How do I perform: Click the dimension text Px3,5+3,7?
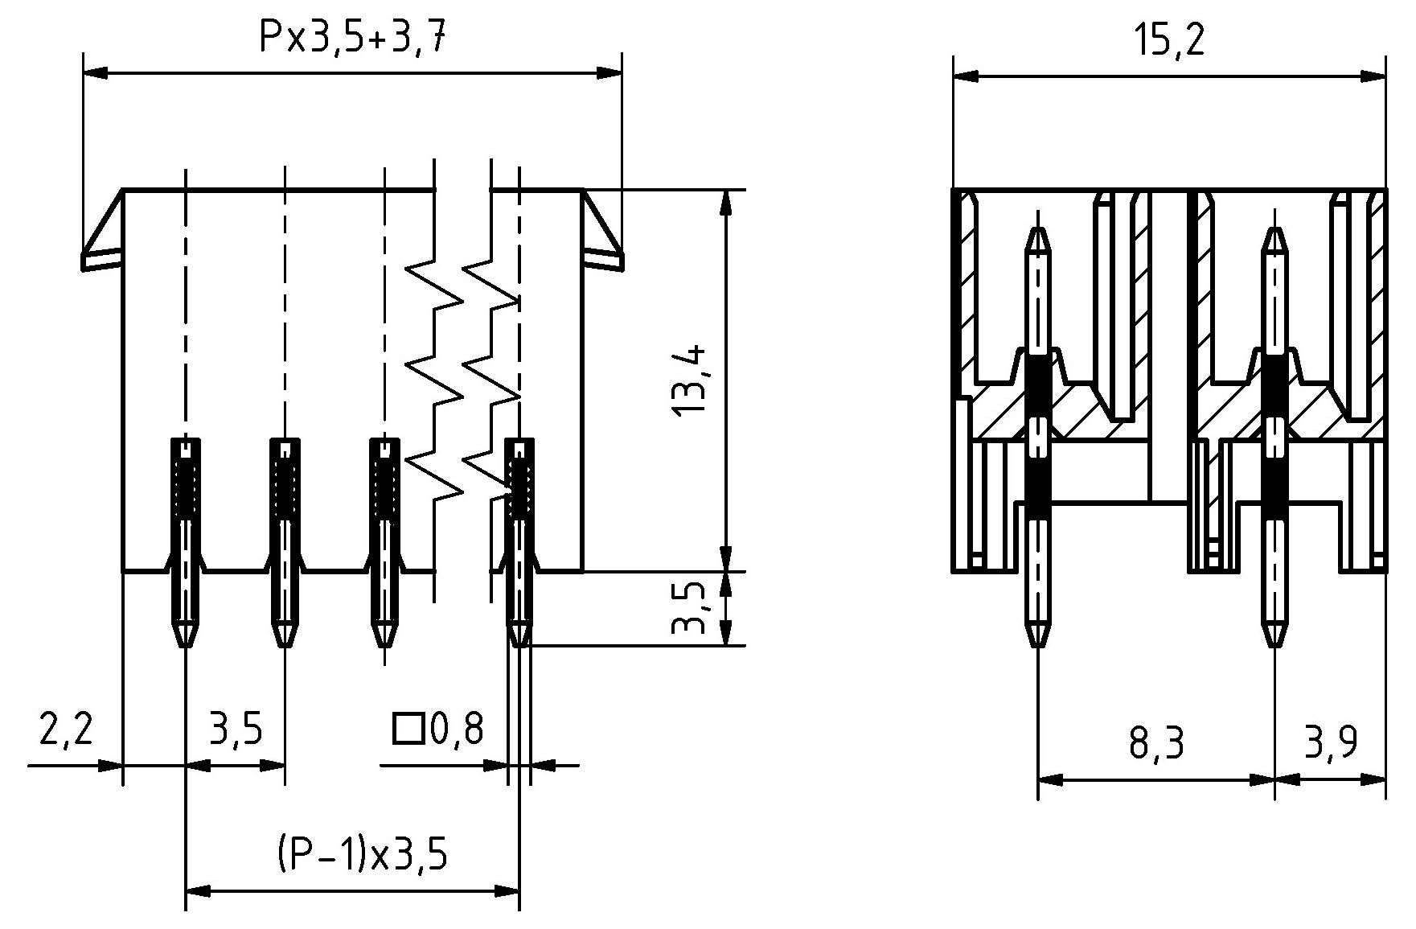pyautogui.click(x=351, y=37)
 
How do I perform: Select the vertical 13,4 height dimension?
pyautogui.click(x=691, y=380)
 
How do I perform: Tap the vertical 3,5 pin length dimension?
pyautogui.click(x=691, y=607)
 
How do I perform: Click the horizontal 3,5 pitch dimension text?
pyautogui.click(x=236, y=730)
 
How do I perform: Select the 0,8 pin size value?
pyautogui.click(x=458, y=730)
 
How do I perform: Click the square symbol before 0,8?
pyautogui.click(x=408, y=729)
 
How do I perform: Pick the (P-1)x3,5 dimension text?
pyautogui.click(x=362, y=853)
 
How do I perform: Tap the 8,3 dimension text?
pyautogui.click(x=1156, y=743)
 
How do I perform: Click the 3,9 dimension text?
pyautogui.click(x=1331, y=743)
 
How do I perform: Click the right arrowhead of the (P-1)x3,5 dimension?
pyautogui.click(x=508, y=891)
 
